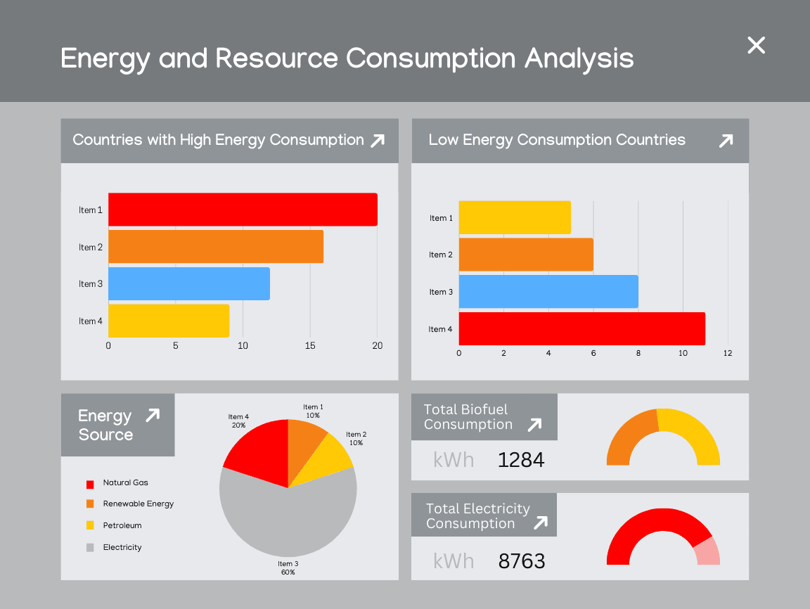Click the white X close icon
[756, 45]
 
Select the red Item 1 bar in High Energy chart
[243, 210]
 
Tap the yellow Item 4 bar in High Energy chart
[169, 321]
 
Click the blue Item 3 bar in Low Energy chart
[548, 292]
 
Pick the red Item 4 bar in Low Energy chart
[581, 328]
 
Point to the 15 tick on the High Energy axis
[310, 346]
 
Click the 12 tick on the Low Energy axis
[728, 353]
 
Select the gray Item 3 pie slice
[288, 520]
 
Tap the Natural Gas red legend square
[90, 484]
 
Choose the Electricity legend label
[122, 547]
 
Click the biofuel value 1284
[521, 460]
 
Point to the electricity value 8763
[522, 561]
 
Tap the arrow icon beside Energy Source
[153, 416]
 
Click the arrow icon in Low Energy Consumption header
[726, 141]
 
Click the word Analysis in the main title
[579, 58]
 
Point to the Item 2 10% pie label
[356, 439]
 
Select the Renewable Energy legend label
[138, 504]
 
